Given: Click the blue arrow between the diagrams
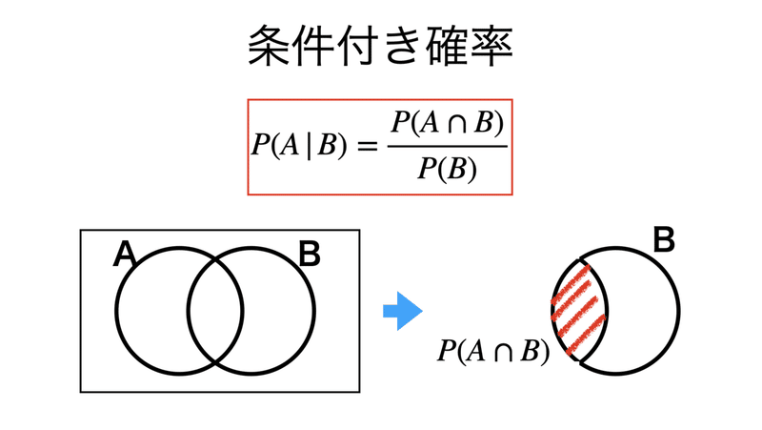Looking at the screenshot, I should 402,311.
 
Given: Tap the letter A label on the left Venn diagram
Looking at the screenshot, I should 125,256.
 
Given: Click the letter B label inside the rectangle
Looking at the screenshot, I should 309,255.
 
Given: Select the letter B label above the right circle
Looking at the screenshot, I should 664,241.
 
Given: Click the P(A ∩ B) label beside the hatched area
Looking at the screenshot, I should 493,352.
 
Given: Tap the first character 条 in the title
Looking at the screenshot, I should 270,46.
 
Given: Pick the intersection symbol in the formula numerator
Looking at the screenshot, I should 459,126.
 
